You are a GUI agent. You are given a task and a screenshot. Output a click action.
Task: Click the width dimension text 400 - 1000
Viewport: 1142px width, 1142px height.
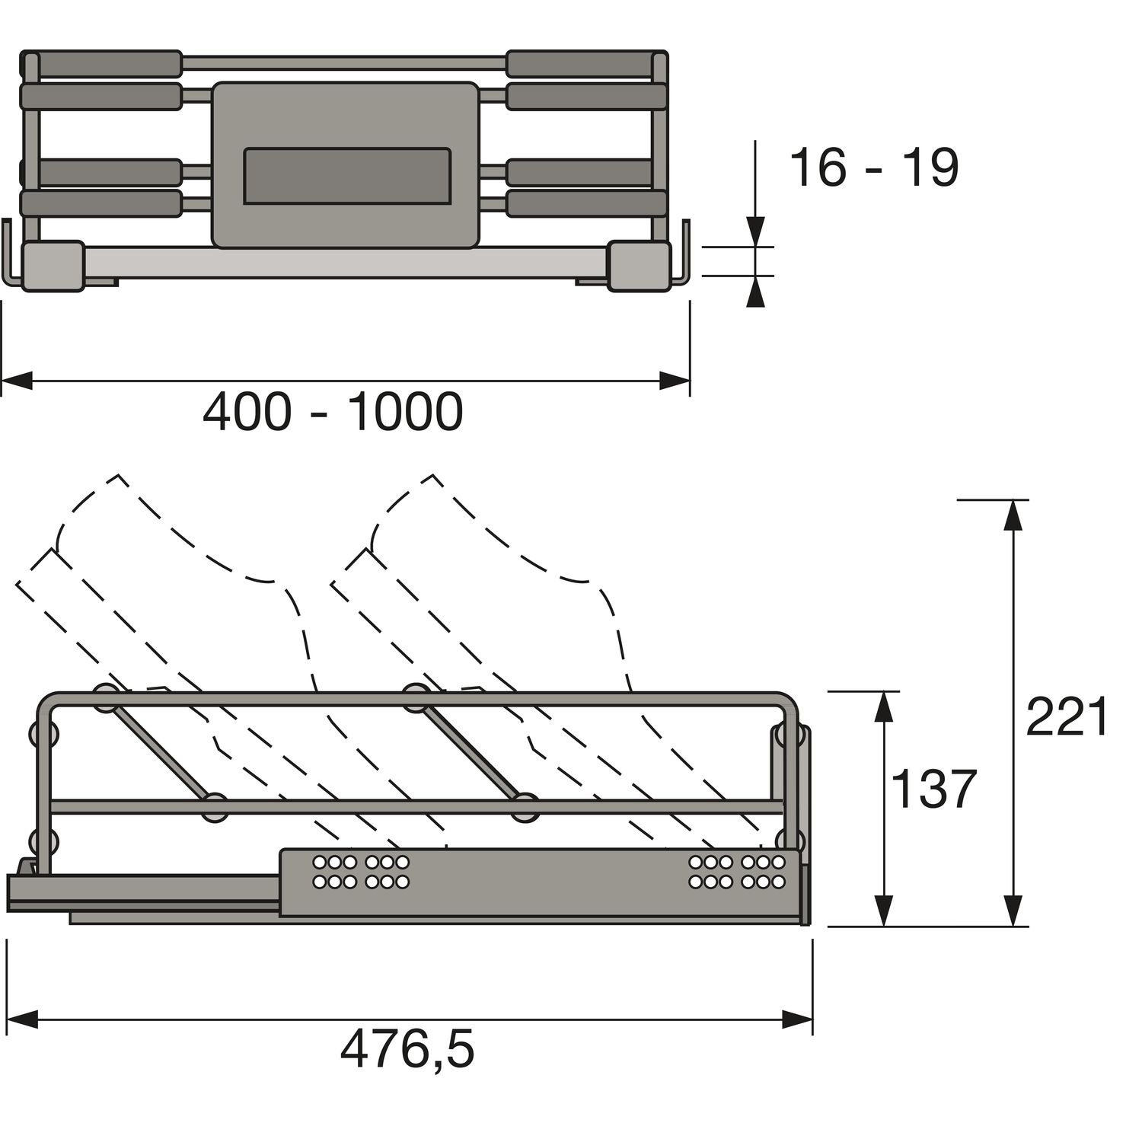coord(333,413)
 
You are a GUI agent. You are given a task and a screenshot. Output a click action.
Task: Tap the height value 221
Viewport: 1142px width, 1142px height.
coord(1067,717)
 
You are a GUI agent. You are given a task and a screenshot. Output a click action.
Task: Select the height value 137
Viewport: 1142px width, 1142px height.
coord(933,789)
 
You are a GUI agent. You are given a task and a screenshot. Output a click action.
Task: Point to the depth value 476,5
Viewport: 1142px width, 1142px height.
coord(407,1050)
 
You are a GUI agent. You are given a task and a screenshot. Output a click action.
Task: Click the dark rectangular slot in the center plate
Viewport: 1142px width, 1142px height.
coord(346,176)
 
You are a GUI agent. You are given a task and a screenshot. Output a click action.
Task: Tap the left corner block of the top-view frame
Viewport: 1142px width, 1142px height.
coord(53,265)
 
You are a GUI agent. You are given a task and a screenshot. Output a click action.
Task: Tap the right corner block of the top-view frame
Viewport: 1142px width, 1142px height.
coord(638,265)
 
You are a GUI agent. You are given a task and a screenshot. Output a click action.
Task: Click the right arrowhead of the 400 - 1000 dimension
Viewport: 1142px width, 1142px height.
coord(675,381)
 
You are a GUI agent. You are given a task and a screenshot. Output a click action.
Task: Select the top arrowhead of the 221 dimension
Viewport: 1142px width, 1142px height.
coord(1012,515)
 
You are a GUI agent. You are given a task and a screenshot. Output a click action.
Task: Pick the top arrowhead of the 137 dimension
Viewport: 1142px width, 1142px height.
coord(883,707)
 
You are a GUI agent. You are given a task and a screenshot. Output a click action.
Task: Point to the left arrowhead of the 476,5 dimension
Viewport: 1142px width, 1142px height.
coord(21,1019)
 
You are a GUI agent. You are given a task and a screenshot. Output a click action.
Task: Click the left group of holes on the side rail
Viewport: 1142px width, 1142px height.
coord(361,872)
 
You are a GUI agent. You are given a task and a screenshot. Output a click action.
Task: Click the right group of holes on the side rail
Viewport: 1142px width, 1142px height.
coord(736,872)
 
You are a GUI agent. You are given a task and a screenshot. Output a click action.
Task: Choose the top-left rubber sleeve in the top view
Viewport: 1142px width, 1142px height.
coord(101,64)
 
